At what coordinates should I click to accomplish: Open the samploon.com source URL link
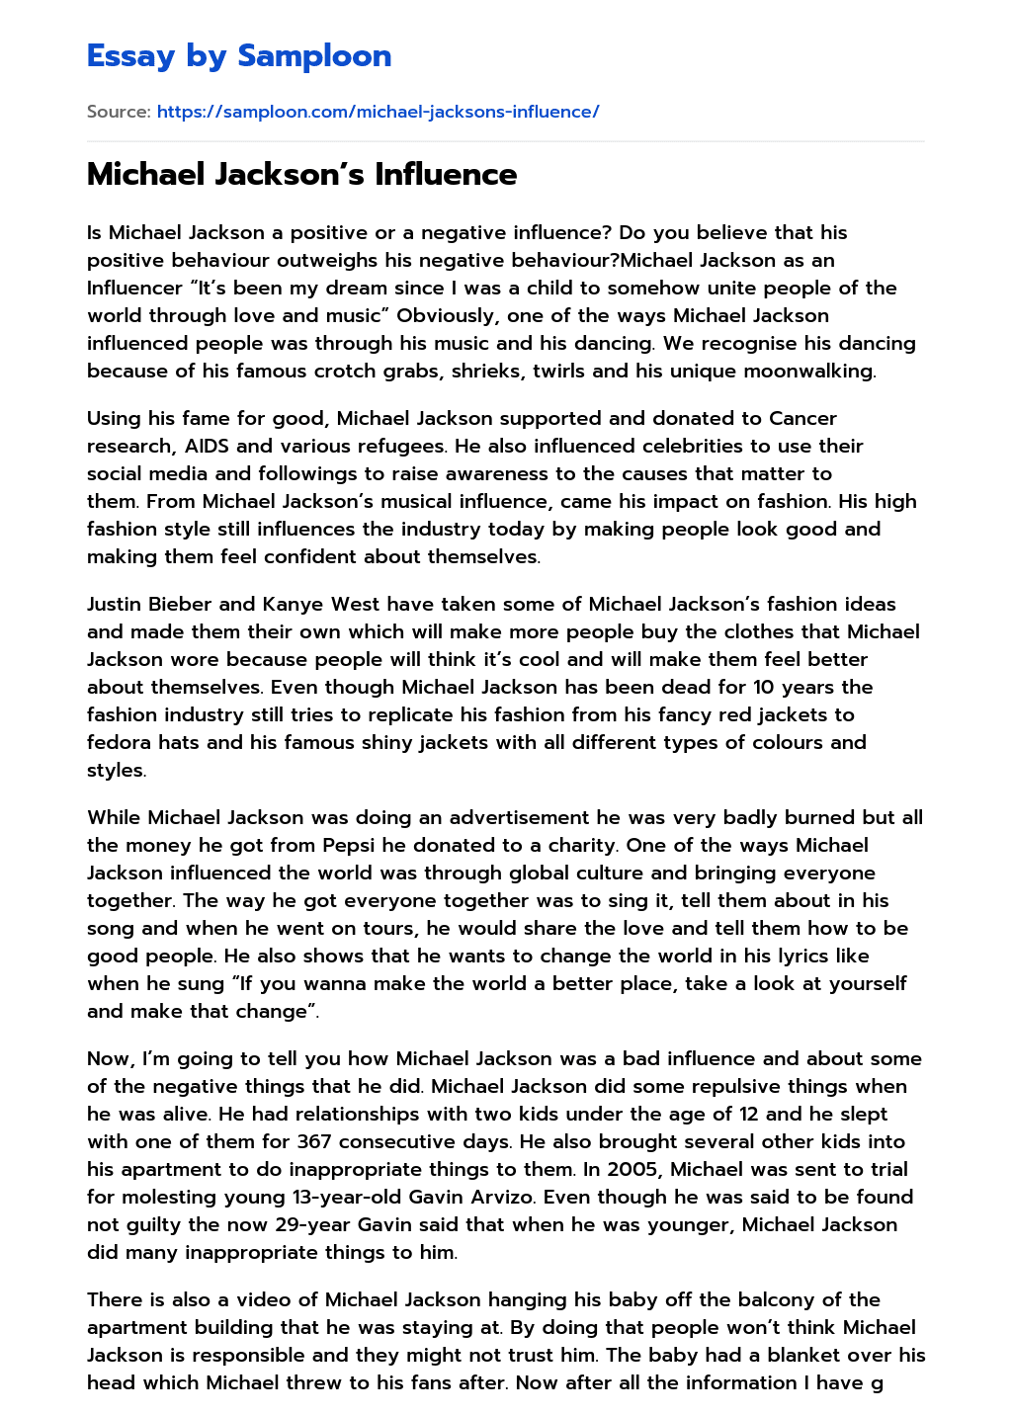pos(378,112)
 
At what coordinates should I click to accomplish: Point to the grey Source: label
pos(119,112)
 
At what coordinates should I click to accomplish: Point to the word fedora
pos(119,743)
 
